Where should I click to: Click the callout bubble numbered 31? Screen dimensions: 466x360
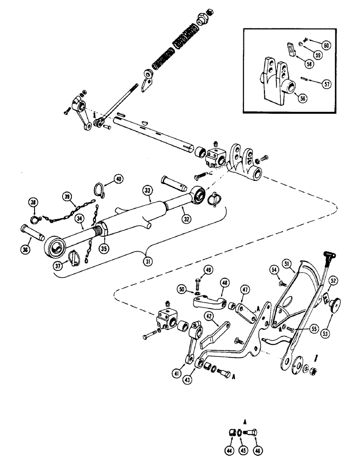pos(148,261)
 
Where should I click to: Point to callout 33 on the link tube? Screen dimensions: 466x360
pos(148,190)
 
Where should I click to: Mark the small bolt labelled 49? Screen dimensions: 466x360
pos(198,282)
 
